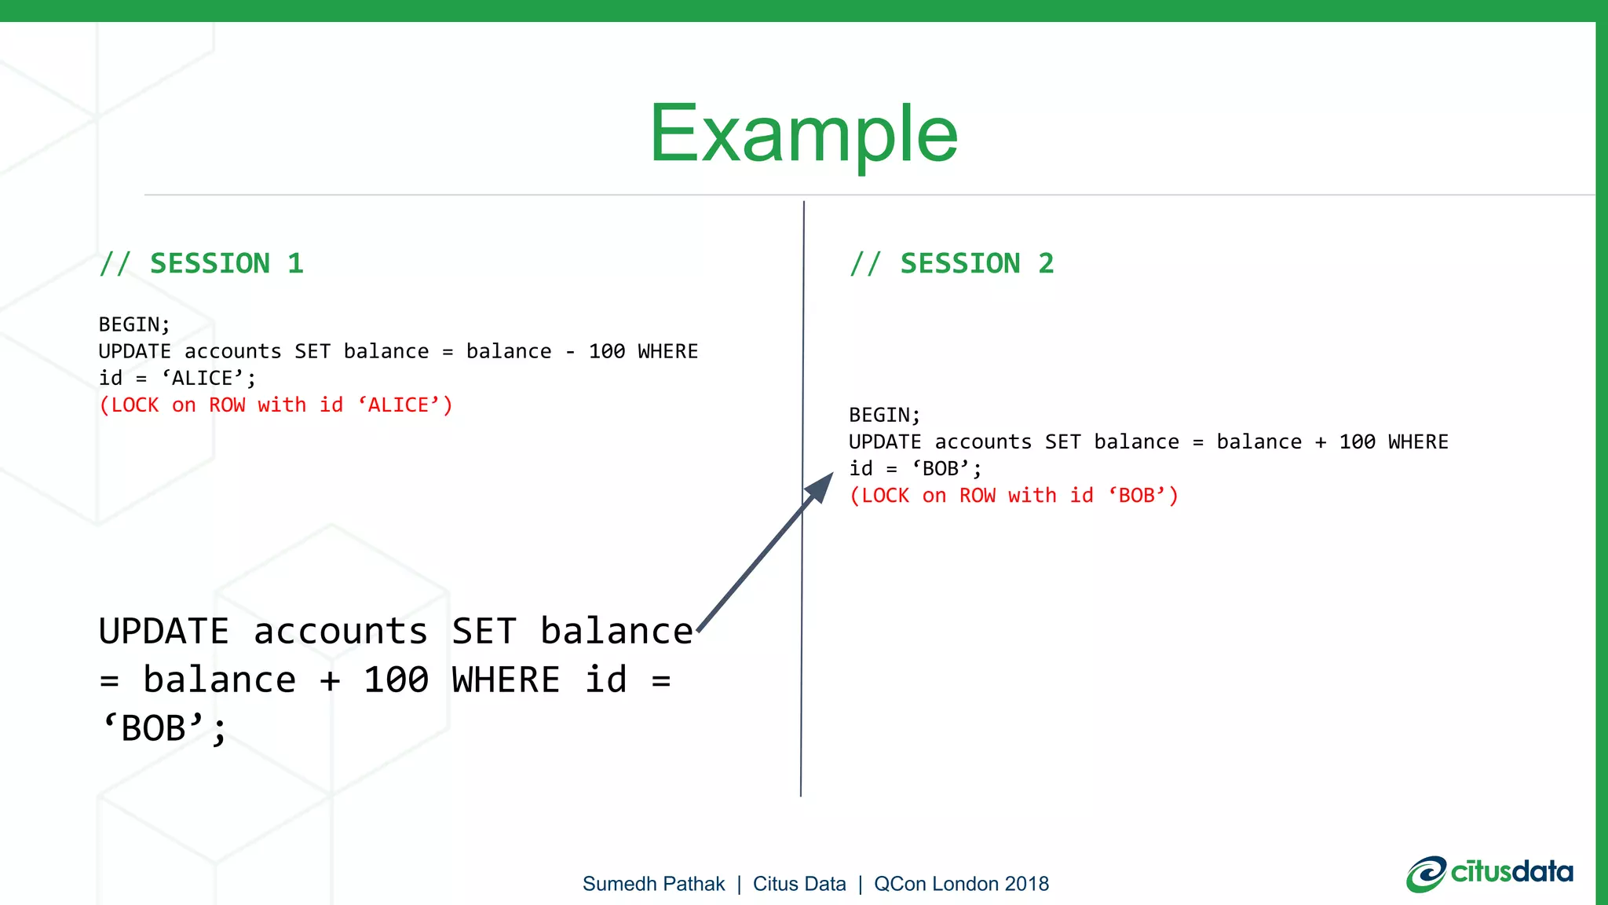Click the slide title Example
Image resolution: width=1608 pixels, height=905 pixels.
point(803,135)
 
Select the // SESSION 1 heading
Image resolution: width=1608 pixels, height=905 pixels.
point(202,263)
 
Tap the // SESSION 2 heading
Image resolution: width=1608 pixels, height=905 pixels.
point(952,263)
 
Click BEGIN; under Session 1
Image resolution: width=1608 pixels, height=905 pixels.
point(134,324)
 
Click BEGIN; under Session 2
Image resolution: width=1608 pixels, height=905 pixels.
point(884,415)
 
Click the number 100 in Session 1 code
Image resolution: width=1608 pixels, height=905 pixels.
point(607,351)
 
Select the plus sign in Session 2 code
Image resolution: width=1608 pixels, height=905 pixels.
point(1321,442)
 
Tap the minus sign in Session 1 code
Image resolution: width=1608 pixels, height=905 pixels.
point(570,351)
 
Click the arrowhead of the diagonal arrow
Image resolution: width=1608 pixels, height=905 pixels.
point(820,487)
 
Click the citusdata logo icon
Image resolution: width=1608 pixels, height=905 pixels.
point(1426,874)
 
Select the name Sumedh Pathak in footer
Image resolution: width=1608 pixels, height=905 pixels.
point(653,884)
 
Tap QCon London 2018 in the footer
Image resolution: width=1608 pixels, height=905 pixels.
point(961,884)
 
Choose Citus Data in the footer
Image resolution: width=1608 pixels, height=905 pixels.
point(799,884)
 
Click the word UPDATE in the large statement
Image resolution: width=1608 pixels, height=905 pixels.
point(163,632)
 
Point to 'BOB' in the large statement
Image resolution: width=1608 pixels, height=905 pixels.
point(154,728)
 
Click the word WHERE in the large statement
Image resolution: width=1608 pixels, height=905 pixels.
point(506,680)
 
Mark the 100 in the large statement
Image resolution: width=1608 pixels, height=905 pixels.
point(396,680)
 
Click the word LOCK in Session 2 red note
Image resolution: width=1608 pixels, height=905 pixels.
point(885,496)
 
